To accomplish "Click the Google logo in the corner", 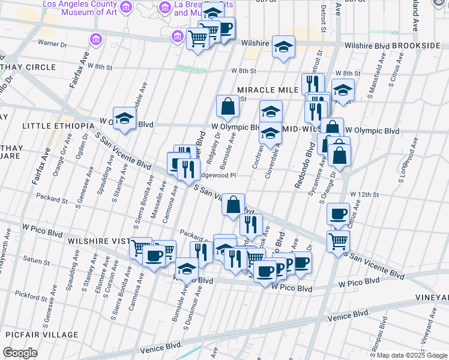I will coord(20,352).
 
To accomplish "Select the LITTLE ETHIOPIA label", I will coord(58,126).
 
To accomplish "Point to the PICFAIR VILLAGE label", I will coord(41,335).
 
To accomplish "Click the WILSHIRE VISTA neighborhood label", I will coord(98,241).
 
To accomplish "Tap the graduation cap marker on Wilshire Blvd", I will coord(284,47).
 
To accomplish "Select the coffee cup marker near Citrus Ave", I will coord(338,214).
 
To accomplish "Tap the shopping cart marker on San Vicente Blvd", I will coord(338,241).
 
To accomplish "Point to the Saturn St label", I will coord(36,262).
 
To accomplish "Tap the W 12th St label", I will coord(366,194).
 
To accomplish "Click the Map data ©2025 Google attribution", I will coord(412,355).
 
